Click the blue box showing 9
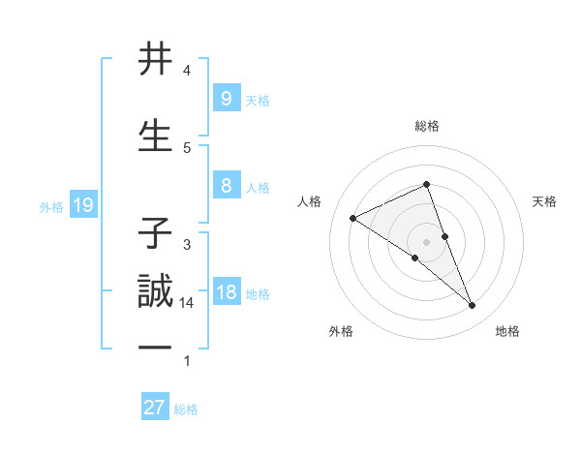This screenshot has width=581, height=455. [x=226, y=99]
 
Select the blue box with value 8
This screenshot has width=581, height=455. [x=226, y=186]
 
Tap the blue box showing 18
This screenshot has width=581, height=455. [x=226, y=292]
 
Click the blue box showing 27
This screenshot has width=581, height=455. [x=155, y=408]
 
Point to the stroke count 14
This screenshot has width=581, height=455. [x=187, y=303]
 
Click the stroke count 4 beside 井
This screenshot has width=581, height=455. [x=187, y=71]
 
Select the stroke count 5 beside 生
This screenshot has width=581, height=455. [x=187, y=147]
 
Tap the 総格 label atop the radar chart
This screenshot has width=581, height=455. [x=427, y=126]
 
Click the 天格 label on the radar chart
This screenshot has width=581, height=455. [x=544, y=201]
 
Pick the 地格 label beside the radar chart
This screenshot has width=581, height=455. [x=507, y=331]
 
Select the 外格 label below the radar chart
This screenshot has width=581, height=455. [x=341, y=331]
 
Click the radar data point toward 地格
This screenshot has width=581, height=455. [x=473, y=306]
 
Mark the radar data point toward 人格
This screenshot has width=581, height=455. [x=353, y=218]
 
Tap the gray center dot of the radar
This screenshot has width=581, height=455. [x=427, y=241]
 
